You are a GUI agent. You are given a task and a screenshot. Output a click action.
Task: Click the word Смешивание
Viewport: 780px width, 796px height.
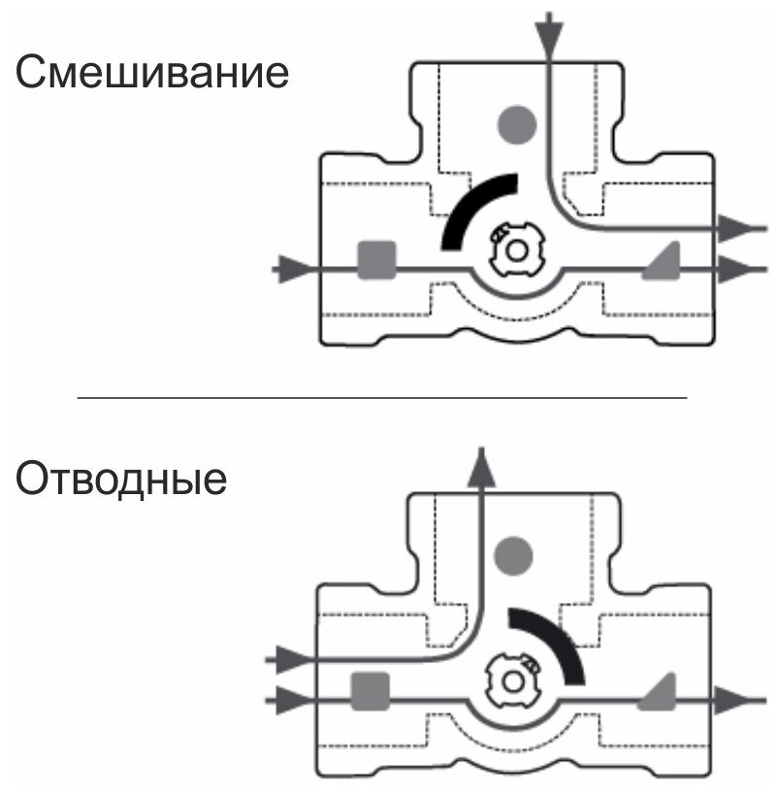pyautogui.click(x=151, y=74)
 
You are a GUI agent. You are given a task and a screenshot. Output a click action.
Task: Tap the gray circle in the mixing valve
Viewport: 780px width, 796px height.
pyautogui.click(x=516, y=123)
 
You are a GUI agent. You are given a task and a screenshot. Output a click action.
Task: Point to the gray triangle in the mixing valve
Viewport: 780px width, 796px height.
pyautogui.click(x=662, y=260)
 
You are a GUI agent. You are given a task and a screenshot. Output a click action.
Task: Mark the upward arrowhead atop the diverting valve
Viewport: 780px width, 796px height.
pyautogui.click(x=480, y=465)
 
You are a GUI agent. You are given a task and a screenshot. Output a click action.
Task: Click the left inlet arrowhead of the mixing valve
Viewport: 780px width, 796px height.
pyautogui.click(x=290, y=267)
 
